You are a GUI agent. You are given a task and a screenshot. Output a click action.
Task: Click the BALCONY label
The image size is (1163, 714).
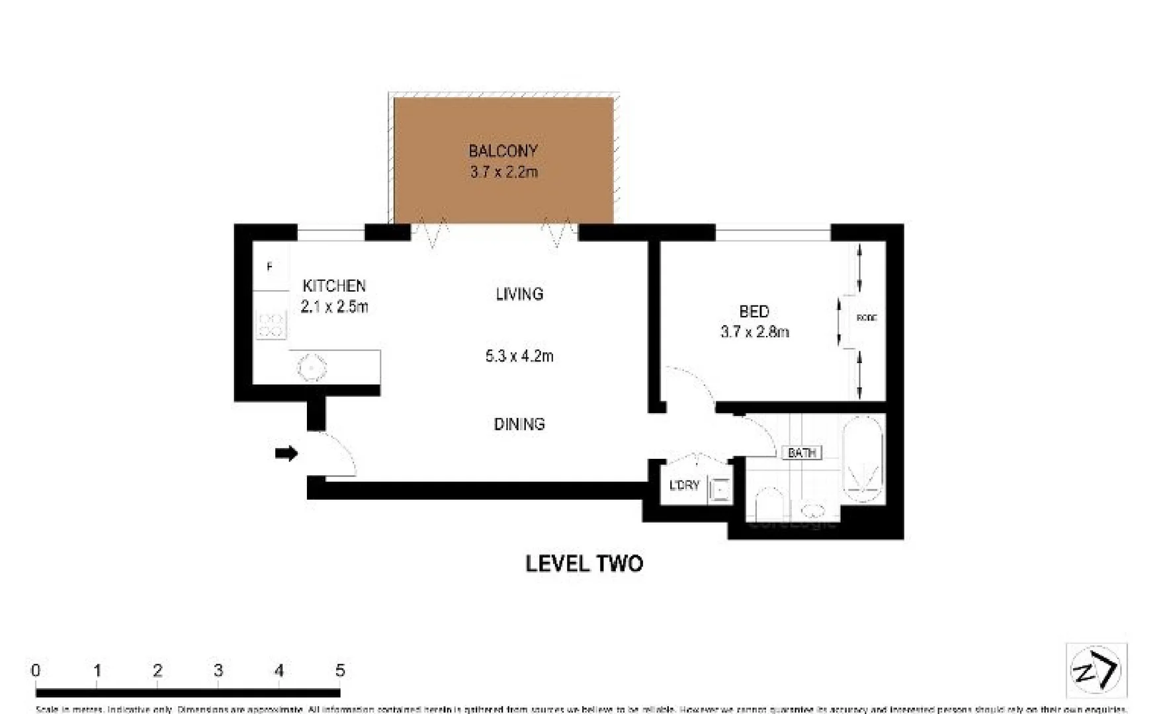(503, 151)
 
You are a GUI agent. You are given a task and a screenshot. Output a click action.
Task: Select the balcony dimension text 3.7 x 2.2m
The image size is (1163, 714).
(503, 172)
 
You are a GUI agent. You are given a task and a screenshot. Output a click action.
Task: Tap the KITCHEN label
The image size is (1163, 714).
(334, 286)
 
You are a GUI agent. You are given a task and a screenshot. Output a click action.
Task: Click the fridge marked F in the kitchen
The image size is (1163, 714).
(271, 266)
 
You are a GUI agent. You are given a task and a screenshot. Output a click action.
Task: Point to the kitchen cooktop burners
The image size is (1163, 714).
(271, 325)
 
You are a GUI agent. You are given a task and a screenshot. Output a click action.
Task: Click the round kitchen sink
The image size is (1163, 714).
(312, 368)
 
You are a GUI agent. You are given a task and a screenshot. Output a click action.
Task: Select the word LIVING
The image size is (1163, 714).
(519, 294)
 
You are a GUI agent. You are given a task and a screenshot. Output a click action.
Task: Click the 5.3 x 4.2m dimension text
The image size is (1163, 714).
(519, 356)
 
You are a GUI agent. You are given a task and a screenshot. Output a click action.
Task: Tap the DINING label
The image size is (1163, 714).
(519, 424)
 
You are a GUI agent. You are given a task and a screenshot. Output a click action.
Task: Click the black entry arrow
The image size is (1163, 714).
(286, 454)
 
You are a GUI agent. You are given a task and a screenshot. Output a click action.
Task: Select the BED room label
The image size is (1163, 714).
(754, 311)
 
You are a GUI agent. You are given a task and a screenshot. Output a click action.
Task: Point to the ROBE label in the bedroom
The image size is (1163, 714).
(866, 318)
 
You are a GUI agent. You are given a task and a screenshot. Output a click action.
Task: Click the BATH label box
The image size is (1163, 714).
(802, 453)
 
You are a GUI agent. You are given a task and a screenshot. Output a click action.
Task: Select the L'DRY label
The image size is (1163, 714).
(684, 485)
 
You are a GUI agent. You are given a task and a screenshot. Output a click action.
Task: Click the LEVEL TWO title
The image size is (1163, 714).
(584, 563)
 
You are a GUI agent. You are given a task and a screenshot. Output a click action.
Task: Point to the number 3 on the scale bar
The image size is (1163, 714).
(218, 670)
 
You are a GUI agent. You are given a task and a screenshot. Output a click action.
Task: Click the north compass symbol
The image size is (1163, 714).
(1096, 670)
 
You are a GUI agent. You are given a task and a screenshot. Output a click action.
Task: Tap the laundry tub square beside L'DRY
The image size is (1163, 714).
(719, 490)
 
